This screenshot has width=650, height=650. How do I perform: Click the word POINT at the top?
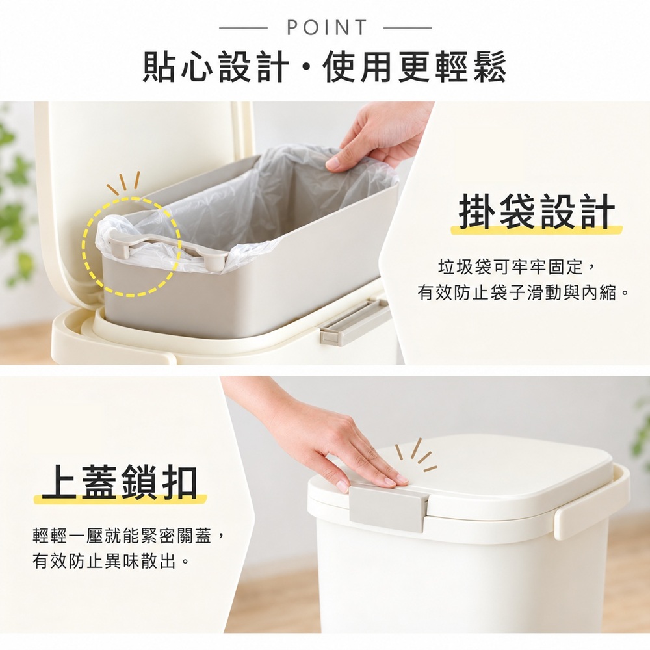(327, 28)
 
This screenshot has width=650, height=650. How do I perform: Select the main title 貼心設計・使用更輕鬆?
(324, 67)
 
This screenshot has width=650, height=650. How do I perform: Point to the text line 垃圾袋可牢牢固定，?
(517, 268)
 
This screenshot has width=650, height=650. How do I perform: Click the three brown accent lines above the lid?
(416, 456)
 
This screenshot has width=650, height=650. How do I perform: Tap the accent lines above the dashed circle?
(123, 183)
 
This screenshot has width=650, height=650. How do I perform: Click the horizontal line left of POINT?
(243, 28)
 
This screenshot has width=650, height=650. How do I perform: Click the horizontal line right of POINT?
(408, 28)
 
